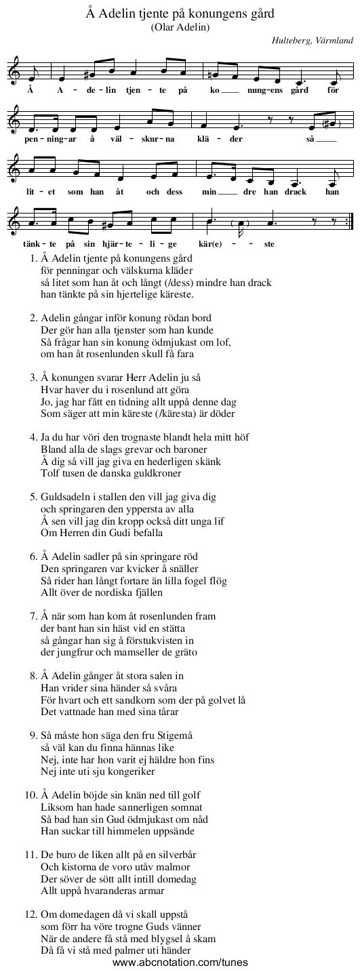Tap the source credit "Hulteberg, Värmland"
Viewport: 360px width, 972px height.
(311, 41)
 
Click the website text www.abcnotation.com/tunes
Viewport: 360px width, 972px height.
(180, 963)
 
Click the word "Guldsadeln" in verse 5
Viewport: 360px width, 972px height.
(65, 499)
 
